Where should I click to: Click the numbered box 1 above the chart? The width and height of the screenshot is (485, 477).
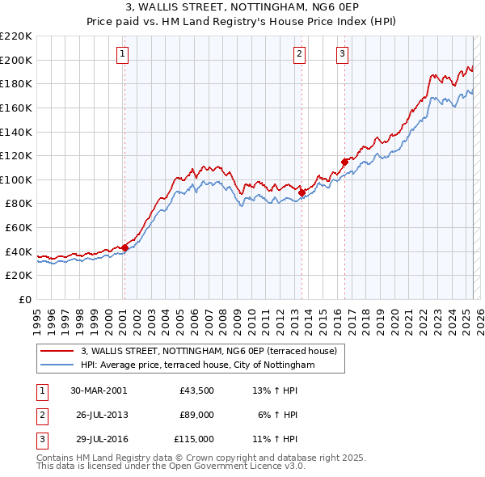122,54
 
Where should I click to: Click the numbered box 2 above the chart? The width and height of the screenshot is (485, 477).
299,54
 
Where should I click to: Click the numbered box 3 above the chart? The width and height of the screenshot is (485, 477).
343,54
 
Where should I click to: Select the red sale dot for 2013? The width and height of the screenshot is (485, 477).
302,192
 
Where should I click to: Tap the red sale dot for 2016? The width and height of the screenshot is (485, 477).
344,162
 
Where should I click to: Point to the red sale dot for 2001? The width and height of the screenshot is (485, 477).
124,247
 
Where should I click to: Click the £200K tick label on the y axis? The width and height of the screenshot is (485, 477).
16,60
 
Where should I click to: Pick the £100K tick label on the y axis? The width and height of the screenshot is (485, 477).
16,179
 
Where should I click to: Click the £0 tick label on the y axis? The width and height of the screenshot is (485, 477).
24,299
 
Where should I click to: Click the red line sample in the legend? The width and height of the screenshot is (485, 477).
57,351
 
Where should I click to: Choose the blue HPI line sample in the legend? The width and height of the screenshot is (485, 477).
57,365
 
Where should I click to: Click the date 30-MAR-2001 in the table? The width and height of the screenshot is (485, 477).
99,390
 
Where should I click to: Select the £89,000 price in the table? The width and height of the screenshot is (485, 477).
197,415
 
